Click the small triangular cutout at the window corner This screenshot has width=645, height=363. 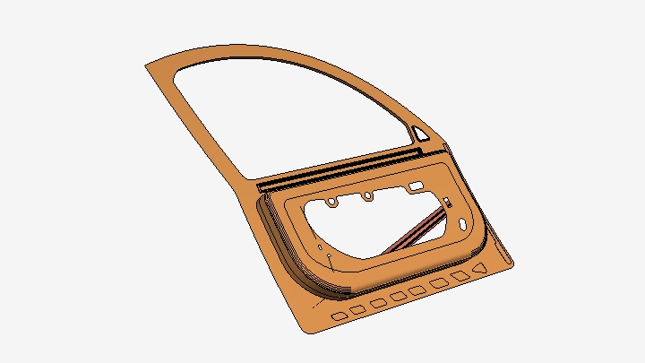(419, 134)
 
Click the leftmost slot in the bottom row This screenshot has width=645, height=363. (339, 316)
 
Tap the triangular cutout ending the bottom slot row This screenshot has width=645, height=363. (481, 268)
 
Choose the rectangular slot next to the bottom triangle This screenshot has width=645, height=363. (460, 276)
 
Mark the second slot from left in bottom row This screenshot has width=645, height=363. (357, 310)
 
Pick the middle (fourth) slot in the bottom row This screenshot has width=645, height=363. (398, 298)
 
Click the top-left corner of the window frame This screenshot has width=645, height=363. (149, 66)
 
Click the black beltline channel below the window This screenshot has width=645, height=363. (340, 168)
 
